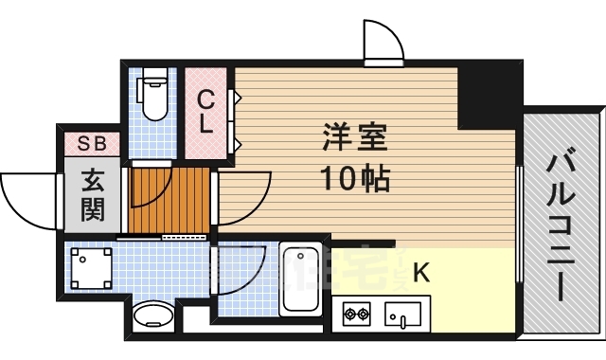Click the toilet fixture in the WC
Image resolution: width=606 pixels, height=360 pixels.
pyautogui.click(x=151, y=96)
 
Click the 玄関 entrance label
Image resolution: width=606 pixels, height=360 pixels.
pyautogui.click(x=92, y=194)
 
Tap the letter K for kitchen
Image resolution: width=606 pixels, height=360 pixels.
pyautogui.click(x=420, y=274)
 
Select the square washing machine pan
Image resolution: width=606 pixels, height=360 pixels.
pyautogui.click(x=91, y=269)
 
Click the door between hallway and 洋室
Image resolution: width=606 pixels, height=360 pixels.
pyautogui.click(x=242, y=197)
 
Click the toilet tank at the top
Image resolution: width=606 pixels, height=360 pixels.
pyautogui.click(x=151, y=81)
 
